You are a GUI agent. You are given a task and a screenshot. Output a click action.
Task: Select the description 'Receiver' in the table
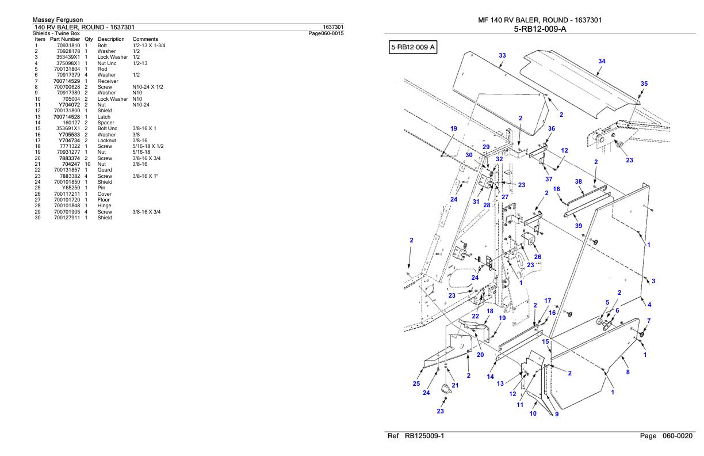coord(108,81)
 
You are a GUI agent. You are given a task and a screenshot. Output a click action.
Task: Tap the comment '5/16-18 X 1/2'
coord(144,146)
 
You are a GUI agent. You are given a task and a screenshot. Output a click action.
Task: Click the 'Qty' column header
coord(89,39)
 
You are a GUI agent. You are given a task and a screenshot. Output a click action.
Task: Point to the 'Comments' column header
coord(145,39)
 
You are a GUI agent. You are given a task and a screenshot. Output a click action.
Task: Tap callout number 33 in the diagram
coord(502,55)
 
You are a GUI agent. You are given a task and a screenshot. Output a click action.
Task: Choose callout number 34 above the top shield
coord(602,61)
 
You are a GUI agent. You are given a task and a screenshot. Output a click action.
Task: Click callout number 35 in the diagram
coord(644,83)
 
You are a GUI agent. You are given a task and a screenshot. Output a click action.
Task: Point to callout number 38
coord(579,181)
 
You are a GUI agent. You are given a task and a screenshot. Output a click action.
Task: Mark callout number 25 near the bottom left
coord(416,383)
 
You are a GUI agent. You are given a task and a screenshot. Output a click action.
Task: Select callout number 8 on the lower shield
coord(628,372)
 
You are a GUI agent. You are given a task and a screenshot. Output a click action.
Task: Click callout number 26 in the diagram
coord(537,257)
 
